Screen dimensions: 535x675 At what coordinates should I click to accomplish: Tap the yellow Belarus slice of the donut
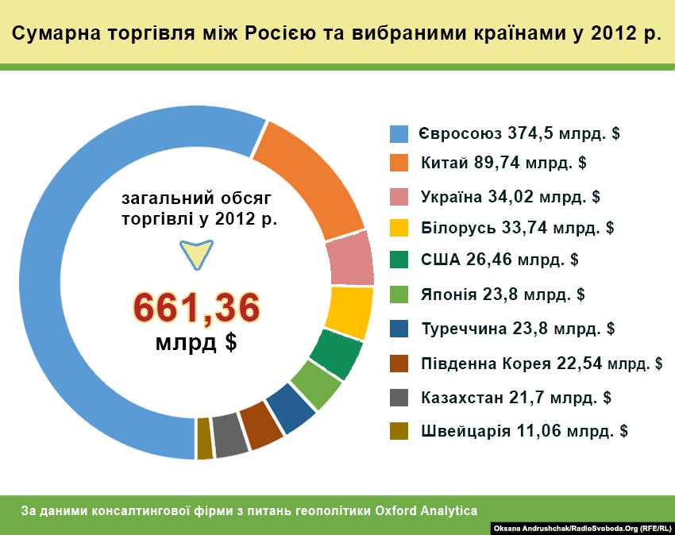349,312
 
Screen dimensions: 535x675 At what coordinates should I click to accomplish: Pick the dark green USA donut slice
335,354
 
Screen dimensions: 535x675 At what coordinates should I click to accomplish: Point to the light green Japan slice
315,385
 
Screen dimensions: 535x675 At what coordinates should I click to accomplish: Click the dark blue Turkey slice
290,408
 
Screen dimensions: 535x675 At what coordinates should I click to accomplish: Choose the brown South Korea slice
261,425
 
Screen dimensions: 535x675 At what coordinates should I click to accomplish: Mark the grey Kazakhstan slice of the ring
230,435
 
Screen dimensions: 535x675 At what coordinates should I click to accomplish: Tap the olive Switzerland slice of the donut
205,438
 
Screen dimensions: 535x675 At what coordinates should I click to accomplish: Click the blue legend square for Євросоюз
399,133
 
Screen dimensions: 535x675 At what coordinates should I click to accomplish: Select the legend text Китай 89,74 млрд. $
503,164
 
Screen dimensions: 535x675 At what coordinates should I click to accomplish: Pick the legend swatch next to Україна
399,196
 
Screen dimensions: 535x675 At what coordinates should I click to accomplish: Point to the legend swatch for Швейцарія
399,431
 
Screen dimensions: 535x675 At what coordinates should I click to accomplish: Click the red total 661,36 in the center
196,308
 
